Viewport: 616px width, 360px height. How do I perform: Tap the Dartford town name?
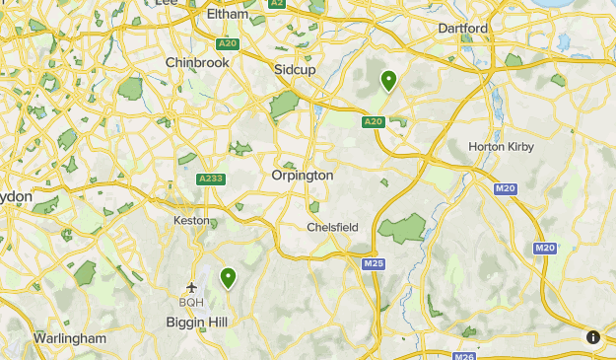click(463, 29)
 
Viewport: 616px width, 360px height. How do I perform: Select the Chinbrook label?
click(197, 61)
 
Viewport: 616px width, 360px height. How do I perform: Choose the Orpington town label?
click(303, 175)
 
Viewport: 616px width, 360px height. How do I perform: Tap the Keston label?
click(191, 220)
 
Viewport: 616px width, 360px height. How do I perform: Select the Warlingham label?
click(70, 338)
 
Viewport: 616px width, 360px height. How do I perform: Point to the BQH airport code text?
click(191, 302)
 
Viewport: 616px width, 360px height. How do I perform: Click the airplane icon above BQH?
click(191, 286)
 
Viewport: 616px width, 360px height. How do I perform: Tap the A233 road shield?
click(210, 179)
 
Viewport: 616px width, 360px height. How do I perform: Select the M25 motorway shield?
click(373, 264)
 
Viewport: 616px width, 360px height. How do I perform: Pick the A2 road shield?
click(277, 4)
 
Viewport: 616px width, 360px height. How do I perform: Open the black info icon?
click(593, 337)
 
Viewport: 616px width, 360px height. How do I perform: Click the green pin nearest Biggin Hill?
click(229, 278)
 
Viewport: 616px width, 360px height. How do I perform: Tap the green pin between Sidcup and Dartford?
click(389, 80)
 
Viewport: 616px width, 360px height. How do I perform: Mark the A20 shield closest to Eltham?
click(228, 43)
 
